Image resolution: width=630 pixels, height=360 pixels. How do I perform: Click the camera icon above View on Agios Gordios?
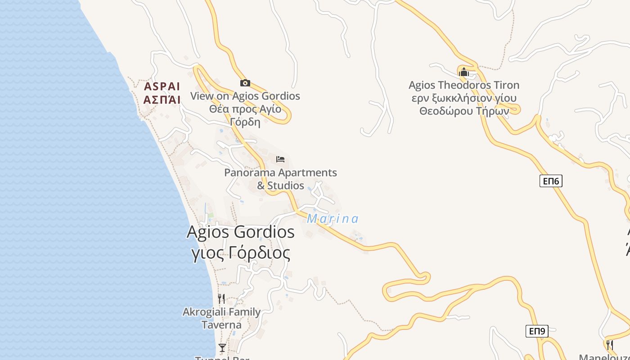point(245,83)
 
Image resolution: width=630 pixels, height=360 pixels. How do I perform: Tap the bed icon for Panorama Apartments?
point(280,159)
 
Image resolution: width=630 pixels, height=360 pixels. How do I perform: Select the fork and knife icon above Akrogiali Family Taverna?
point(221,299)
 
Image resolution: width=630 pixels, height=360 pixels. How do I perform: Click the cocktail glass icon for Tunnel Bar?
point(222,347)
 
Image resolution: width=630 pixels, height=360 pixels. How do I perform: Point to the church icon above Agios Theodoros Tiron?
point(463,72)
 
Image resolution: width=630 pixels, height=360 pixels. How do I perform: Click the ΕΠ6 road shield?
point(551,181)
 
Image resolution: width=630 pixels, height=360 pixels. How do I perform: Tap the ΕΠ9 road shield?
point(537,331)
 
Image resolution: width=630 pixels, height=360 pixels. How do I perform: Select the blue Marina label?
point(333,219)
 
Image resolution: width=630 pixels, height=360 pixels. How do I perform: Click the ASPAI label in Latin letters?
point(162,86)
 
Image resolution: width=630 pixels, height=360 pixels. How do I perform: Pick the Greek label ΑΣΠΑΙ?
point(162,99)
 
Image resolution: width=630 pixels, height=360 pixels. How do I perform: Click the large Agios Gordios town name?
point(240,232)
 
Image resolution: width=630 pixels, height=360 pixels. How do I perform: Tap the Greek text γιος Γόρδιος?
point(241,253)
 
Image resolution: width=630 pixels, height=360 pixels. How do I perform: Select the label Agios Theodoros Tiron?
point(463,85)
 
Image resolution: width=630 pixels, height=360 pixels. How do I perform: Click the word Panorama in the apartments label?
point(250,173)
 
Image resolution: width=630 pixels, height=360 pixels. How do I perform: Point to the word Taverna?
point(221,325)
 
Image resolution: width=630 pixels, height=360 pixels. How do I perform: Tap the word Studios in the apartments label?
point(286,185)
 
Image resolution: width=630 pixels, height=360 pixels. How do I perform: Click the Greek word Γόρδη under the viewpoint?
point(245,122)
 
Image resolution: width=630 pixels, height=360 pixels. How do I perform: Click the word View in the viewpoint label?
point(201,96)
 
